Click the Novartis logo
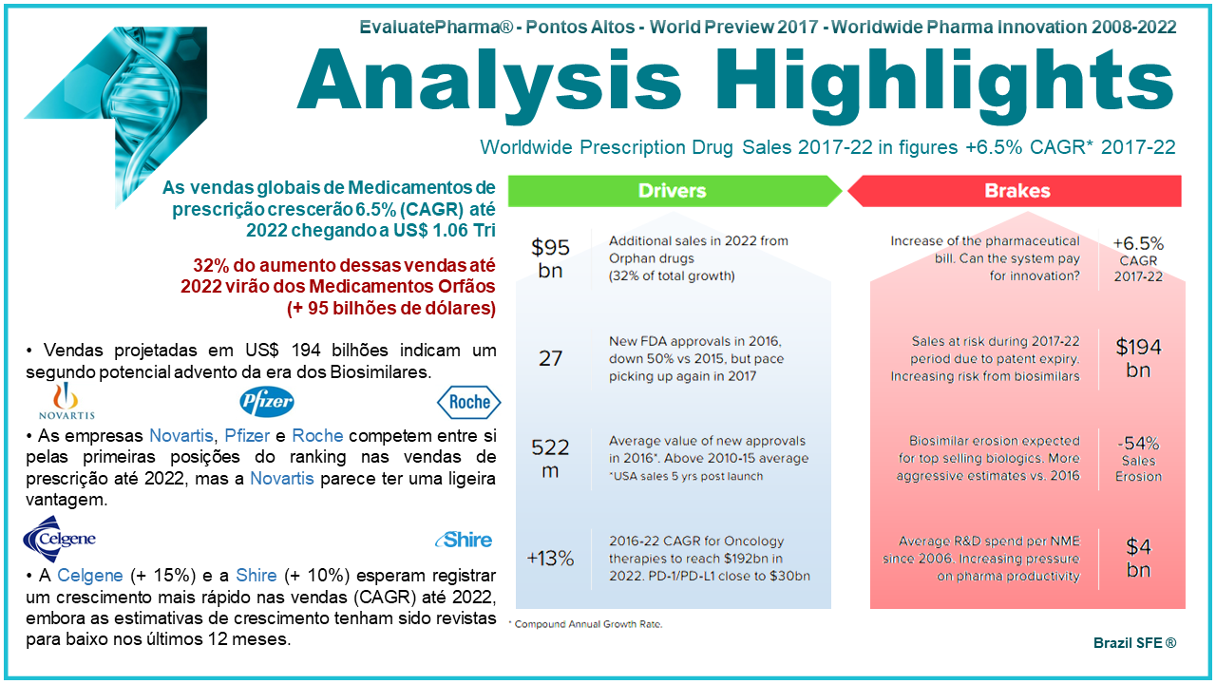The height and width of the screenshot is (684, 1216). [66, 401]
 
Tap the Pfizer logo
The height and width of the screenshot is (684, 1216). [266, 401]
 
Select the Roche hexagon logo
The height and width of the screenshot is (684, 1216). [468, 402]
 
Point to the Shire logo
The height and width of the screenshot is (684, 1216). [464, 540]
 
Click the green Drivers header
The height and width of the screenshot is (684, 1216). [672, 191]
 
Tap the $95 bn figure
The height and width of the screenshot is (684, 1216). [550, 258]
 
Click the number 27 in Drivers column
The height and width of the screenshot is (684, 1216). [550, 358]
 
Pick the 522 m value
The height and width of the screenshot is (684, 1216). [550, 458]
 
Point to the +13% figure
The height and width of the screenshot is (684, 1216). [550, 558]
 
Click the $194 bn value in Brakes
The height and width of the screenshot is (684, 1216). [1138, 358]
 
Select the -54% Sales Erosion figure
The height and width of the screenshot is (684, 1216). [1138, 458]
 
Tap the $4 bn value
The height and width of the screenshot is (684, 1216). [1138, 558]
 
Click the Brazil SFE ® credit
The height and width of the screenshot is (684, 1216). [1134, 643]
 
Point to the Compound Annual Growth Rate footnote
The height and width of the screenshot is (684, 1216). [585, 624]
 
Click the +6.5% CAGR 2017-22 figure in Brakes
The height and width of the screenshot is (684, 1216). [1138, 258]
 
